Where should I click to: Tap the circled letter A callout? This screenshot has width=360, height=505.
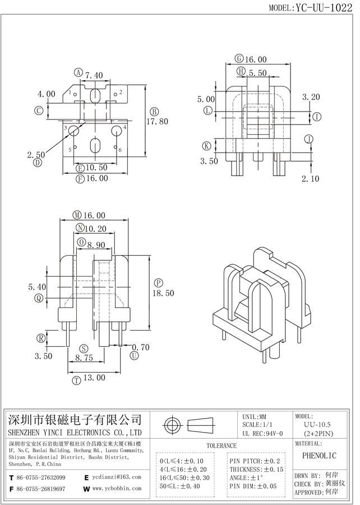(x=78, y=72)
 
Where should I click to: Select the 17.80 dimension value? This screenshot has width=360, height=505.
(x=158, y=121)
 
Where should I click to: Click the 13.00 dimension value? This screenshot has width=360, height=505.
(x=94, y=378)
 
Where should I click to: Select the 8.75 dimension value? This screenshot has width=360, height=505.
(x=84, y=357)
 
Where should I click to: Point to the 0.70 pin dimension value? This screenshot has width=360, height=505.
(x=141, y=347)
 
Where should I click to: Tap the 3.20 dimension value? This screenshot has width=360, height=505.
(x=311, y=97)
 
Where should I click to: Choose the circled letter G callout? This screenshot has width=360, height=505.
(x=239, y=58)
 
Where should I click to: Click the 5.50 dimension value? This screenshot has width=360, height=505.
(x=257, y=72)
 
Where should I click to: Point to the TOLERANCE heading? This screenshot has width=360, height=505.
(x=221, y=446)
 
